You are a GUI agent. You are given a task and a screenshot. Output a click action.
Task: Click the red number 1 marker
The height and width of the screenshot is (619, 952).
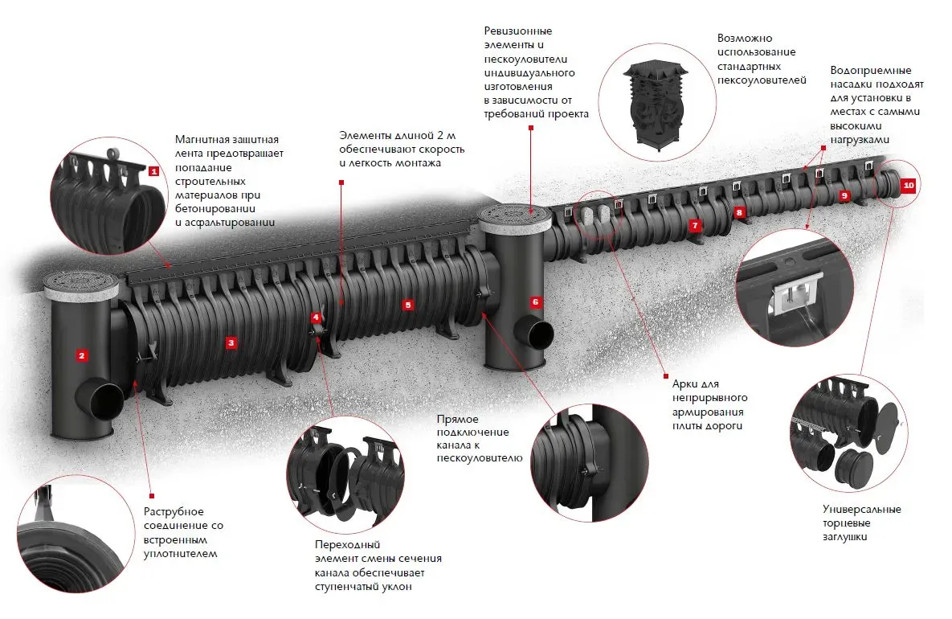coord(153,170)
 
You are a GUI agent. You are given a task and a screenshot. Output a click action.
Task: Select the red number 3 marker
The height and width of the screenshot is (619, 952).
coord(231,343)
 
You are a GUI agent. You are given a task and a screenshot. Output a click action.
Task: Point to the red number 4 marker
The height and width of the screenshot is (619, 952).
coord(316,318)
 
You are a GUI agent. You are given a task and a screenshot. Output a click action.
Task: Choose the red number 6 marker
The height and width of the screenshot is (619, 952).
coord(536,302)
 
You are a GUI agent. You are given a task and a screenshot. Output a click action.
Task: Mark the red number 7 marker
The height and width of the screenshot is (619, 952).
coord(695,225)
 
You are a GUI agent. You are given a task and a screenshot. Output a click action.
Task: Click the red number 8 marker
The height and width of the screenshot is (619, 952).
coord(740,211)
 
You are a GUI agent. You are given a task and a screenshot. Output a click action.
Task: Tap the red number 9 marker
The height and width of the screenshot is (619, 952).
coord(844,195)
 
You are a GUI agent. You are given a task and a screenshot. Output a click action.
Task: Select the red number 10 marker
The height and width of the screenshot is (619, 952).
coord(908,185)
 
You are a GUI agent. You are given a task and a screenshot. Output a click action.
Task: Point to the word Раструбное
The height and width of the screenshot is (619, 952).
coord(174,512)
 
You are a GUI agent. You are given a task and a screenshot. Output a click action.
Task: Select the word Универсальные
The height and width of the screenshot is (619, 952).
coord(861,509)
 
